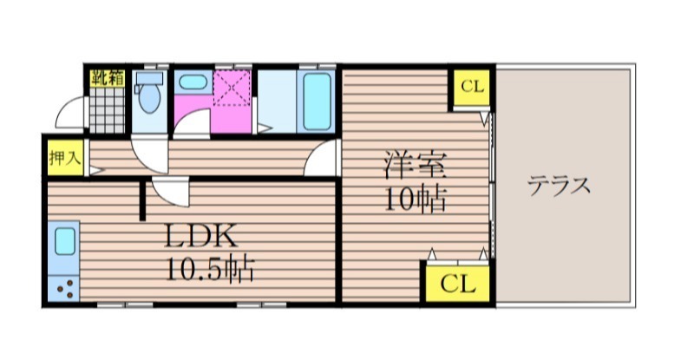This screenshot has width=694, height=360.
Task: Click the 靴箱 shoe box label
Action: tap(108, 78)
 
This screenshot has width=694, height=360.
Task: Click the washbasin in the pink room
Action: tap(193, 82)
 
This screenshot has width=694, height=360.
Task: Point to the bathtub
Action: tap(317, 101)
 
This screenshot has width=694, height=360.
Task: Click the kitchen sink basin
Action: tap(65, 241)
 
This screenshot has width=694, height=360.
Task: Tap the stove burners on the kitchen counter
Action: tap(64, 288)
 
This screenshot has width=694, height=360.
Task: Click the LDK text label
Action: tap(201, 236)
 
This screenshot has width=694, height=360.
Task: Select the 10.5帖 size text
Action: tap(210, 269)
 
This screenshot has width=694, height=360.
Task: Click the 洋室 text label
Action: tap(415, 165)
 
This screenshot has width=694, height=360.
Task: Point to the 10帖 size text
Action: tap(415, 200)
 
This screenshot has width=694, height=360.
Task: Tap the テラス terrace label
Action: tap(560, 185)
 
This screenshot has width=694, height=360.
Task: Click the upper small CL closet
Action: tap(472, 87)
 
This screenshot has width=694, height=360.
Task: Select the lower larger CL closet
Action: tap(458, 284)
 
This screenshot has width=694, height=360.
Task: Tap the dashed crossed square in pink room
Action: tap(232, 88)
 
